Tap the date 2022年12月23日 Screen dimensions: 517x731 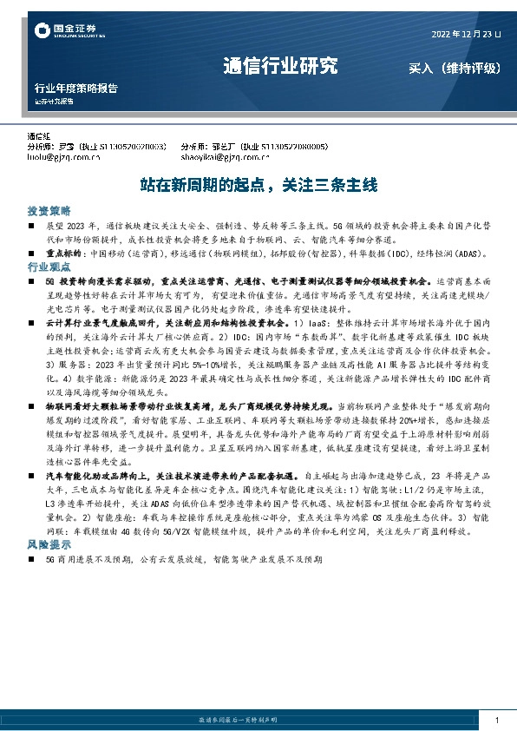(466, 35)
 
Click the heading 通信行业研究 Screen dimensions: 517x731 (279, 66)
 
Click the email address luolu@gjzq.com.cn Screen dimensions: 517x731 (64, 158)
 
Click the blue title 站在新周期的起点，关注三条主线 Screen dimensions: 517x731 (258, 185)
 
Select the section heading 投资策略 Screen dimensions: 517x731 (49, 212)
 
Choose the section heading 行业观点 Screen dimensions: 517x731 (49, 267)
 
